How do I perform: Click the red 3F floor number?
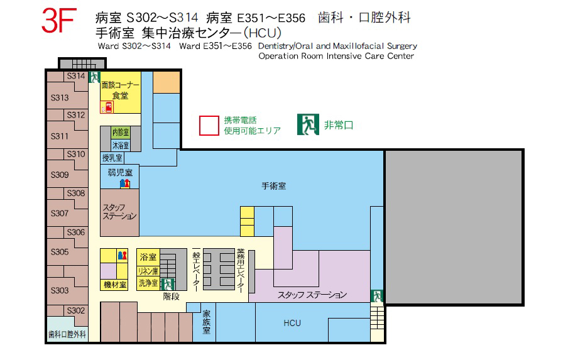(59, 21)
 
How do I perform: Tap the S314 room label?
(75, 76)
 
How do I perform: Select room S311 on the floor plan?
(60, 136)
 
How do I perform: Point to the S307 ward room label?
(60, 214)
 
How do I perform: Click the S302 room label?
(75, 310)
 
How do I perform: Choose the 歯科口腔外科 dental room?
(67, 334)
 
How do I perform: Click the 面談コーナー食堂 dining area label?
(120, 90)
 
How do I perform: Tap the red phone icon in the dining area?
(107, 107)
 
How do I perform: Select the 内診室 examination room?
(121, 132)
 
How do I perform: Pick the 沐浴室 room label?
(121, 146)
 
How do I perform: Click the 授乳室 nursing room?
(112, 158)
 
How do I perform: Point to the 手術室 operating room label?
(274, 186)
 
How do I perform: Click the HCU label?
(292, 323)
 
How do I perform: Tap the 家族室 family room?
(206, 322)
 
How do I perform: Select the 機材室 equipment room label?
(115, 285)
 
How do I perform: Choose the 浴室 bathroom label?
(148, 257)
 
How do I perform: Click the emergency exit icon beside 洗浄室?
(167, 285)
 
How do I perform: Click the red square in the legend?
(209, 126)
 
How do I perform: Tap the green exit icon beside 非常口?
(308, 124)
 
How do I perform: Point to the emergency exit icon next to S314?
(94, 77)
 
